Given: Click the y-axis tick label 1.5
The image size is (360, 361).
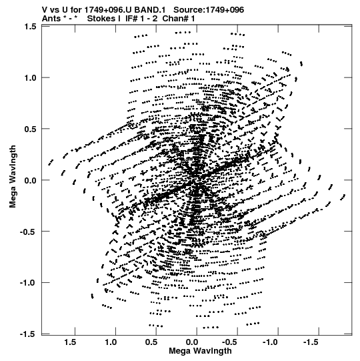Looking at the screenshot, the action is click(x=31, y=27).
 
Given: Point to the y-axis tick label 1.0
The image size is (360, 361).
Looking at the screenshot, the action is click(x=31, y=78).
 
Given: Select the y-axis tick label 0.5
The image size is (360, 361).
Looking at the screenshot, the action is click(x=31, y=129).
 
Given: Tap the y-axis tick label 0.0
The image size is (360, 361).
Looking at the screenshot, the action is click(x=31, y=180).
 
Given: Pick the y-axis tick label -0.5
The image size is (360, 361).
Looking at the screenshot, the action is click(x=28, y=232).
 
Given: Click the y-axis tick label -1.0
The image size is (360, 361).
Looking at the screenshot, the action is click(x=28, y=283).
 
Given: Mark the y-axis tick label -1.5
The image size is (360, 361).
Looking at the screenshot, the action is click(x=28, y=334).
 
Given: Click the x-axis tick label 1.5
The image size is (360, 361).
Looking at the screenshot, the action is click(x=70, y=342).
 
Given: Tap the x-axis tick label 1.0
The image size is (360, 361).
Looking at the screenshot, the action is click(x=111, y=342).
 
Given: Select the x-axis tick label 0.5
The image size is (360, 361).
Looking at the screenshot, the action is click(x=151, y=342).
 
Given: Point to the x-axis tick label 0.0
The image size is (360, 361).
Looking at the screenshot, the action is click(x=192, y=342).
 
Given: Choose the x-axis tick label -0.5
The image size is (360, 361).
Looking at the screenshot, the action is click(x=231, y=342).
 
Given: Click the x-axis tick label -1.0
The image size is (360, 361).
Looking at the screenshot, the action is click(x=271, y=342).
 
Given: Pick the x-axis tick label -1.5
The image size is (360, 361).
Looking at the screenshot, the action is click(x=311, y=342).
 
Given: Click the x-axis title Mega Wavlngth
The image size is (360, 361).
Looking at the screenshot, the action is click(x=200, y=351).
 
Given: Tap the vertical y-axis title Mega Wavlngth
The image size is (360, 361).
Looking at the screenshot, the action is click(x=13, y=177).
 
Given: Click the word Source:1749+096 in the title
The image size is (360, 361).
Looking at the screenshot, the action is click(x=209, y=10).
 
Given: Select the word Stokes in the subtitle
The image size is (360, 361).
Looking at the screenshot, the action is click(x=104, y=19).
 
